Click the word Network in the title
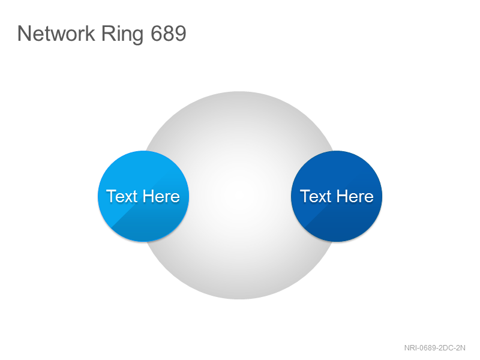click(x=56, y=33)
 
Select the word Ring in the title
click(x=122, y=35)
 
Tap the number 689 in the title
click(x=169, y=33)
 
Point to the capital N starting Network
click(x=24, y=33)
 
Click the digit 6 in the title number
click(x=157, y=33)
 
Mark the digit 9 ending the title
click(x=181, y=33)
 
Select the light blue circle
click(x=143, y=196)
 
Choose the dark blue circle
click(x=337, y=196)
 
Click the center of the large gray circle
click(x=239, y=196)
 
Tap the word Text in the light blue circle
click(x=122, y=196)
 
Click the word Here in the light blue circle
click(x=161, y=196)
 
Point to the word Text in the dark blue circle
click(x=316, y=196)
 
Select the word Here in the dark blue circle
click(x=355, y=196)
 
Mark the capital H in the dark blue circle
click(x=341, y=196)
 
